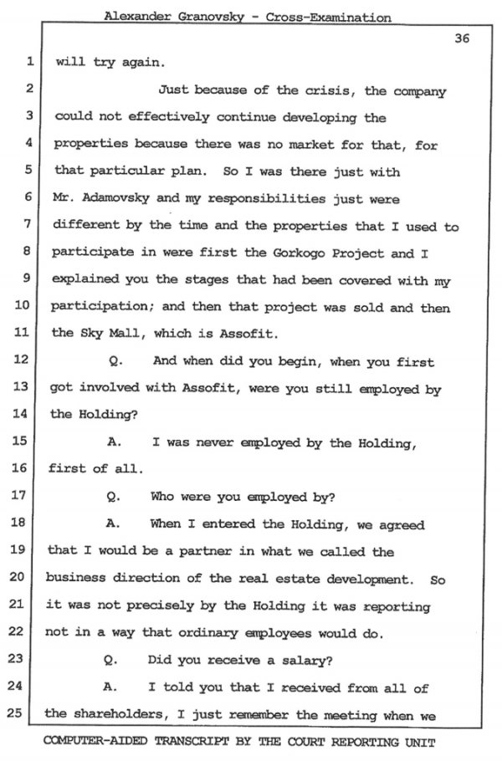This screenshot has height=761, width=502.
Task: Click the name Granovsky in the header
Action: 208,17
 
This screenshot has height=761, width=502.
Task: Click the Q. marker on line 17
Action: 115,497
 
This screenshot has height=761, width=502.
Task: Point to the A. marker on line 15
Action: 115,443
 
